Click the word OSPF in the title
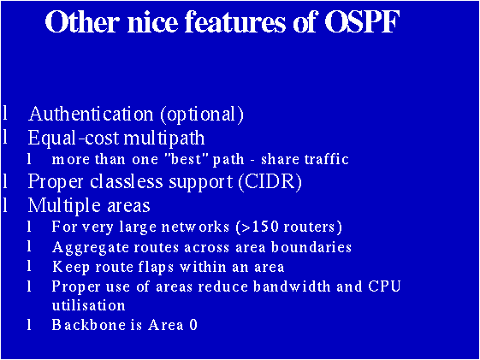(362, 23)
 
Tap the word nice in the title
(151, 23)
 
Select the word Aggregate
(86, 247)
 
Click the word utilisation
(88, 305)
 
